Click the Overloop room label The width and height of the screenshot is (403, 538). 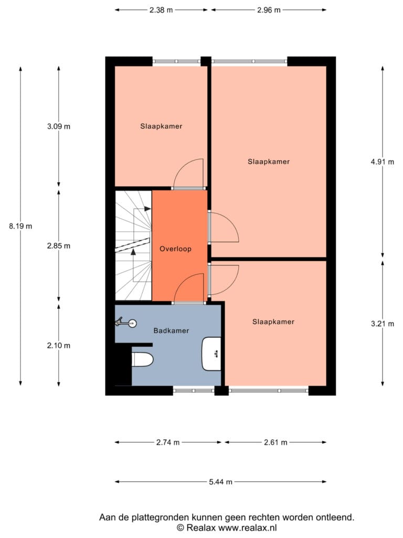(175, 249)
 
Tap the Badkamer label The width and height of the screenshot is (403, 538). (171, 331)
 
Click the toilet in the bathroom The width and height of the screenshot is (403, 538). (142, 359)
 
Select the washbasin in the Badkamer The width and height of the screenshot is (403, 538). (211, 354)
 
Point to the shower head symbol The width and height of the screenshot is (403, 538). (126, 323)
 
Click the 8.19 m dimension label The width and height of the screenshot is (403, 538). (20, 226)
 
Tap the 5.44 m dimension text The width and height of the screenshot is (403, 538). (221, 482)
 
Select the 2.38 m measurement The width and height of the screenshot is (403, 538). (161, 10)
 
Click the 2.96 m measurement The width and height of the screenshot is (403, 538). (269, 10)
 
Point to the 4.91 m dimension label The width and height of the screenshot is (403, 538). (383, 162)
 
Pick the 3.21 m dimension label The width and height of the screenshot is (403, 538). (383, 324)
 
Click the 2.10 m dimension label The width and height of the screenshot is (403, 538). (59, 346)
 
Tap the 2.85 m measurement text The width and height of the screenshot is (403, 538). (59, 246)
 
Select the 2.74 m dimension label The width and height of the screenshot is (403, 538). (168, 442)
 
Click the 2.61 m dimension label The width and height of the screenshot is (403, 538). (275, 442)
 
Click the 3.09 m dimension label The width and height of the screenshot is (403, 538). (59, 126)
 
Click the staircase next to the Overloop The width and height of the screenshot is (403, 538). (133, 246)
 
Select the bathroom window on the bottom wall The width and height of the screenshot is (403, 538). (194, 390)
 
